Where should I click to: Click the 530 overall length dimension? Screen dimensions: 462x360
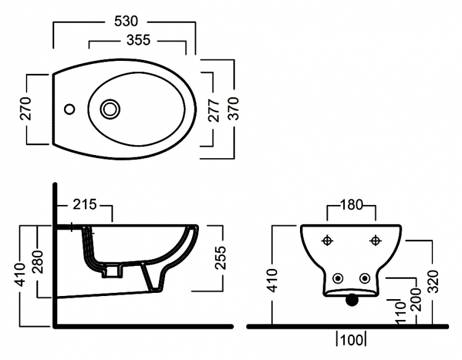(x=126, y=21)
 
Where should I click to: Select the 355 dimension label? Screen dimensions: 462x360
(x=139, y=40)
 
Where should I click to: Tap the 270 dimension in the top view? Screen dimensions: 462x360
(x=26, y=108)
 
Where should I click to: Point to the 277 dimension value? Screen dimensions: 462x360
(x=214, y=110)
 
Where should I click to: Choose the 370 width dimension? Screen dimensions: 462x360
(x=233, y=108)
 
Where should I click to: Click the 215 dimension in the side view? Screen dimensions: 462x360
(x=84, y=204)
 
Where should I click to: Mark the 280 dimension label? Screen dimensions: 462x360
(x=38, y=262)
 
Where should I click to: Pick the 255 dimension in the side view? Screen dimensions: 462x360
(x=220, y=258)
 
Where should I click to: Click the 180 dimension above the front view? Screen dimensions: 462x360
(x=352, y=204)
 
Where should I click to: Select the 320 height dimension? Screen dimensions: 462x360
(x=433, y=281)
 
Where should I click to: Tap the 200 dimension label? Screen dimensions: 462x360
(x=416, y=300)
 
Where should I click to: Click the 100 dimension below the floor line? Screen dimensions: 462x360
(x=352, y=340)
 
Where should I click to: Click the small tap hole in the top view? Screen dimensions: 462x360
(x=70, y=109)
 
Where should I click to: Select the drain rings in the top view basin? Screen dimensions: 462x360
(x=110, y=109)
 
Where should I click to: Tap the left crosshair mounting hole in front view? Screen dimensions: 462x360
(x=327, y=241)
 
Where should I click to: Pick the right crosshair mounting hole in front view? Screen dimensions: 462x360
(x=375, y=241)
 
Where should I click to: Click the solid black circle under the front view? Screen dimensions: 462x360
(x=352, y=300)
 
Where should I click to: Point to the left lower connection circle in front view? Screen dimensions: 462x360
(x=338, y=278)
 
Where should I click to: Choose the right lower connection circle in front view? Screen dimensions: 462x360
(x=365, y=278)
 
